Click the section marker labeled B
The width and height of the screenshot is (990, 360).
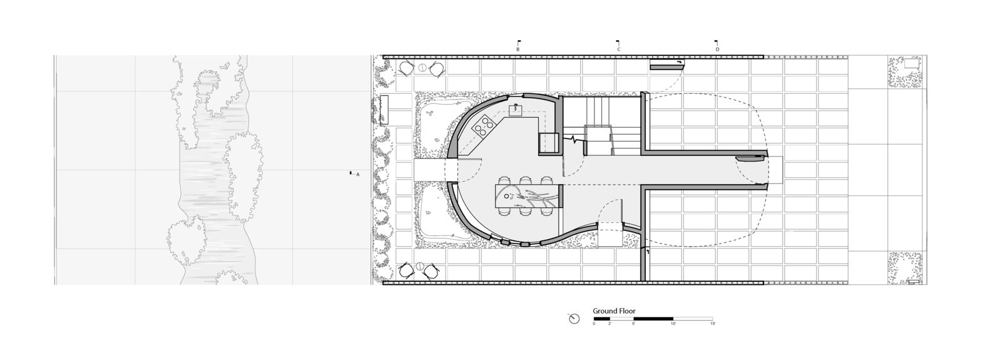(518, 46)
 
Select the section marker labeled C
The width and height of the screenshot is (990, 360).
(618, 46)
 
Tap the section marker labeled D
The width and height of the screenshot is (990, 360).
(717, 46)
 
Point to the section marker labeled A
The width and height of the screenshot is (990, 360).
(355, 174)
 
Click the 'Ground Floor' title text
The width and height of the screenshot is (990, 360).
(614, 311)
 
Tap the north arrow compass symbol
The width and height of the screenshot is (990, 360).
(574, 319)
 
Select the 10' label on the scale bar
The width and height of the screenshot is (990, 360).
(673, 324)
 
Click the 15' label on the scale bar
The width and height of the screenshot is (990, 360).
(712, 324)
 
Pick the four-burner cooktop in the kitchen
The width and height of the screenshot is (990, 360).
(483, 128)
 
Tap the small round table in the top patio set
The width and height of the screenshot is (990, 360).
(422, 68)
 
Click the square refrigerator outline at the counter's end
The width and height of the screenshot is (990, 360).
(549, 142)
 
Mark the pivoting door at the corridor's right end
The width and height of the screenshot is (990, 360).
(751, 157)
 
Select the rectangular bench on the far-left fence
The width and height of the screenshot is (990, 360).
(384, 110)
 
